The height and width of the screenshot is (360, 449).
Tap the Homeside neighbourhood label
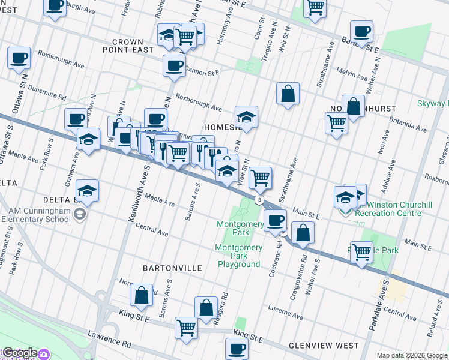[223, 128]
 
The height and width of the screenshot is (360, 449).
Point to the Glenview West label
[323, 346]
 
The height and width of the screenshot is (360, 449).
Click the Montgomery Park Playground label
[240, 256]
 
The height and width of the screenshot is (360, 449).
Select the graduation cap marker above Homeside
[246, 116]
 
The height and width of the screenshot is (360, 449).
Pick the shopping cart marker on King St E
[187, 328]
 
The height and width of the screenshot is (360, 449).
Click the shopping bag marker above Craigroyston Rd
[303, 232]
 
